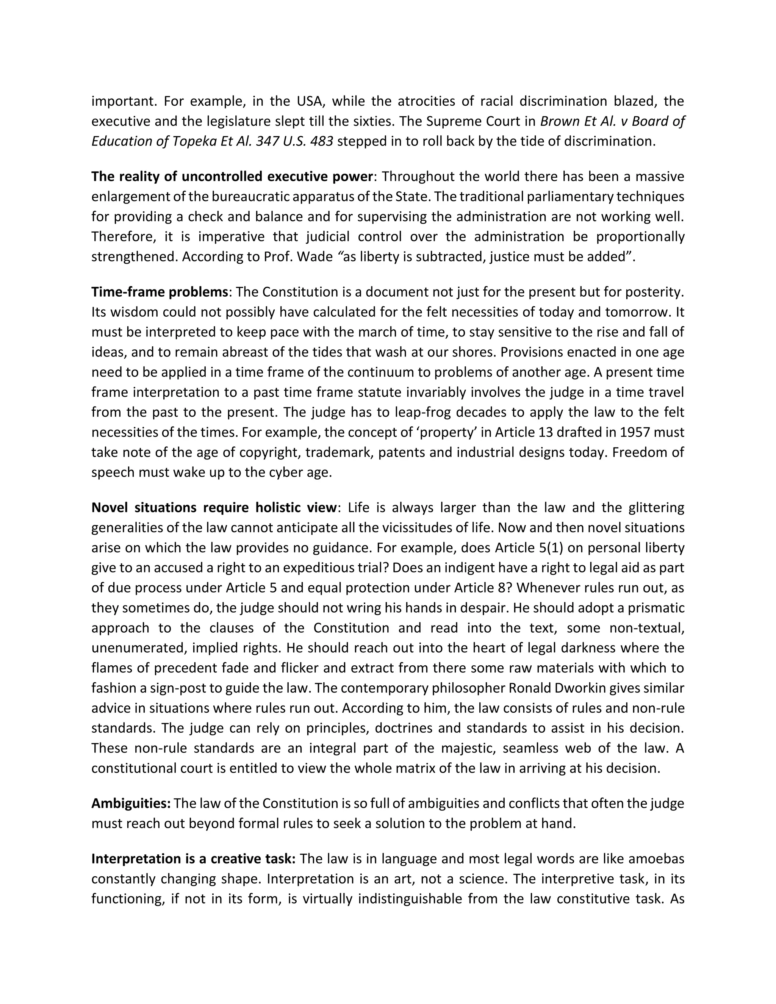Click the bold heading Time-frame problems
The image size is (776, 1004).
coord(160,292)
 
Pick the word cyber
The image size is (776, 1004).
coord(278,472)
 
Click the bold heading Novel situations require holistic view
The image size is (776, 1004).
coord(214,508)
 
